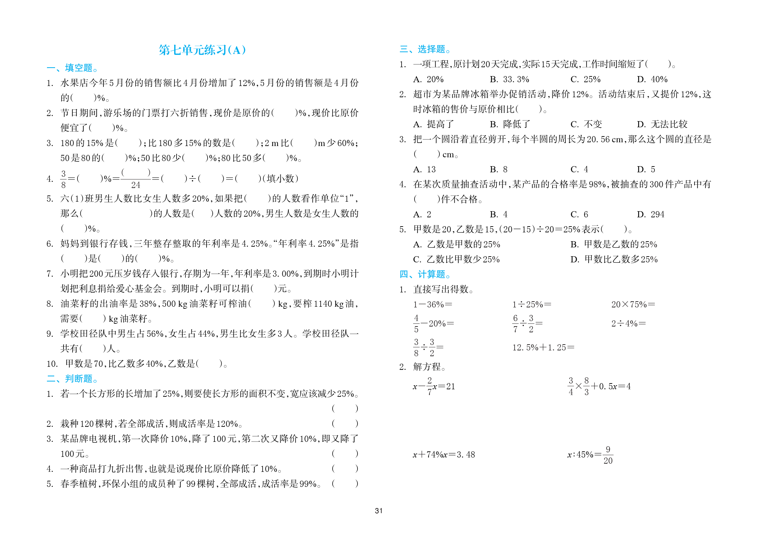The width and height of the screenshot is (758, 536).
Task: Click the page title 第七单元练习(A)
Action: pyautogui.click(x=202, y=50)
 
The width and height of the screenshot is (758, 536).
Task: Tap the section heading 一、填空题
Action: pyautogui.click(x=72, y=68)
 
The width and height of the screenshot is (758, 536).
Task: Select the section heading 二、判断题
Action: pyautogui.click(x=72, y=378)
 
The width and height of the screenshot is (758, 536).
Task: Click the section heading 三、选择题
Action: pyautogui.click(x=425, y=49)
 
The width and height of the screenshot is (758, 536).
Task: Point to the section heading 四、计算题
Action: pyautogui.click(x=425, y=274)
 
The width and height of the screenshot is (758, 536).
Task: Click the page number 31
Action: pyautogui.click(x=379, y=511)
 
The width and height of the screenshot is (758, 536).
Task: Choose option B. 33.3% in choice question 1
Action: pyautogui.click(x=509, y=79)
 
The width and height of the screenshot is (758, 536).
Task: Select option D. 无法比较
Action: pyautogui.click(x=662, y=124)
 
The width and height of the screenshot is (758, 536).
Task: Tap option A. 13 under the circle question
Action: pyautogui.click(x=424, y=169)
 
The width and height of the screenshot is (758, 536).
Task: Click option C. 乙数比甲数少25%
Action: pyautogui.click(x=456, y=259)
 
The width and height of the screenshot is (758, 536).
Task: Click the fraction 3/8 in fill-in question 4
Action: pyautogui.click(x=64, y=179)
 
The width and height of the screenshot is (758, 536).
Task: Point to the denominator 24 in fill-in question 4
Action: pyautogui.click(x=136, y=185)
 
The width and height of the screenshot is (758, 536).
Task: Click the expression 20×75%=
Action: pyautogui.click(x=633, y=304)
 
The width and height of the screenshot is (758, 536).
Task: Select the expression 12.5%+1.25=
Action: pyautogui.click(x=543, y=347)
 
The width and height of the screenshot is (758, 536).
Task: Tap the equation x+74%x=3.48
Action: pyautogui.click(x=444, y=454)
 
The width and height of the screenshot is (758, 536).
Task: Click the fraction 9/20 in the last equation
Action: pyautogui.click(x=608, y=455)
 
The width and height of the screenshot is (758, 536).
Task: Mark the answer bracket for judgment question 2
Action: pyautogui.click(x=345, y=423)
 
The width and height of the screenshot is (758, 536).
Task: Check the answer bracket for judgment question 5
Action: pyautogui.click(x=345, y=483)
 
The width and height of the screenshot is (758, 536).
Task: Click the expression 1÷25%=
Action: pyautogui.click(x=532, y=304)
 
